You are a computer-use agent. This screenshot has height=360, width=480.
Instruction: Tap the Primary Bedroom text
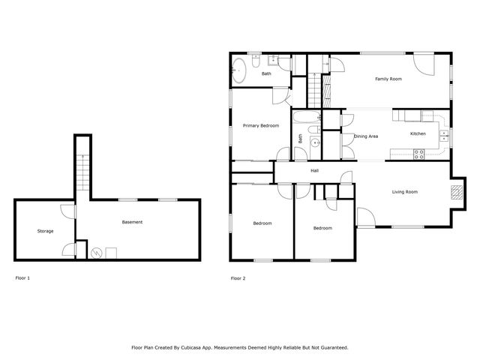(260, 126)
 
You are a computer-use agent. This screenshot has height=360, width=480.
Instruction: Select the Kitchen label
(418, 133)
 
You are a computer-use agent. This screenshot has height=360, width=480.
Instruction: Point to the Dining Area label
(365, 136)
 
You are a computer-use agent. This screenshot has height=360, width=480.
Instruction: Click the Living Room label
(405, 192)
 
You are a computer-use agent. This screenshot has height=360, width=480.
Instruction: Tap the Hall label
(315, 171)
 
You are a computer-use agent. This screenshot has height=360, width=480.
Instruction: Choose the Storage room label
(45, 231)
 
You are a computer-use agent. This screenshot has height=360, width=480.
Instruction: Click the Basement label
(132, 222)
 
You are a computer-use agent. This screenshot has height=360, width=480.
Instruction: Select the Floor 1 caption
(22, 278)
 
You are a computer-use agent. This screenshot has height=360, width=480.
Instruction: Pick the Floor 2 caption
(238, 278)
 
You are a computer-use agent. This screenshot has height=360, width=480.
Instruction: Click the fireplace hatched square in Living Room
(456, 191)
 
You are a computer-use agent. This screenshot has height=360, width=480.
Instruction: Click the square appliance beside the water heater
(111, 253)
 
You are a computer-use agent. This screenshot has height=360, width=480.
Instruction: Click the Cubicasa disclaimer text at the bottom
(240, 347)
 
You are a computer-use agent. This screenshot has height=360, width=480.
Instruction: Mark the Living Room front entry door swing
(365, 219)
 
